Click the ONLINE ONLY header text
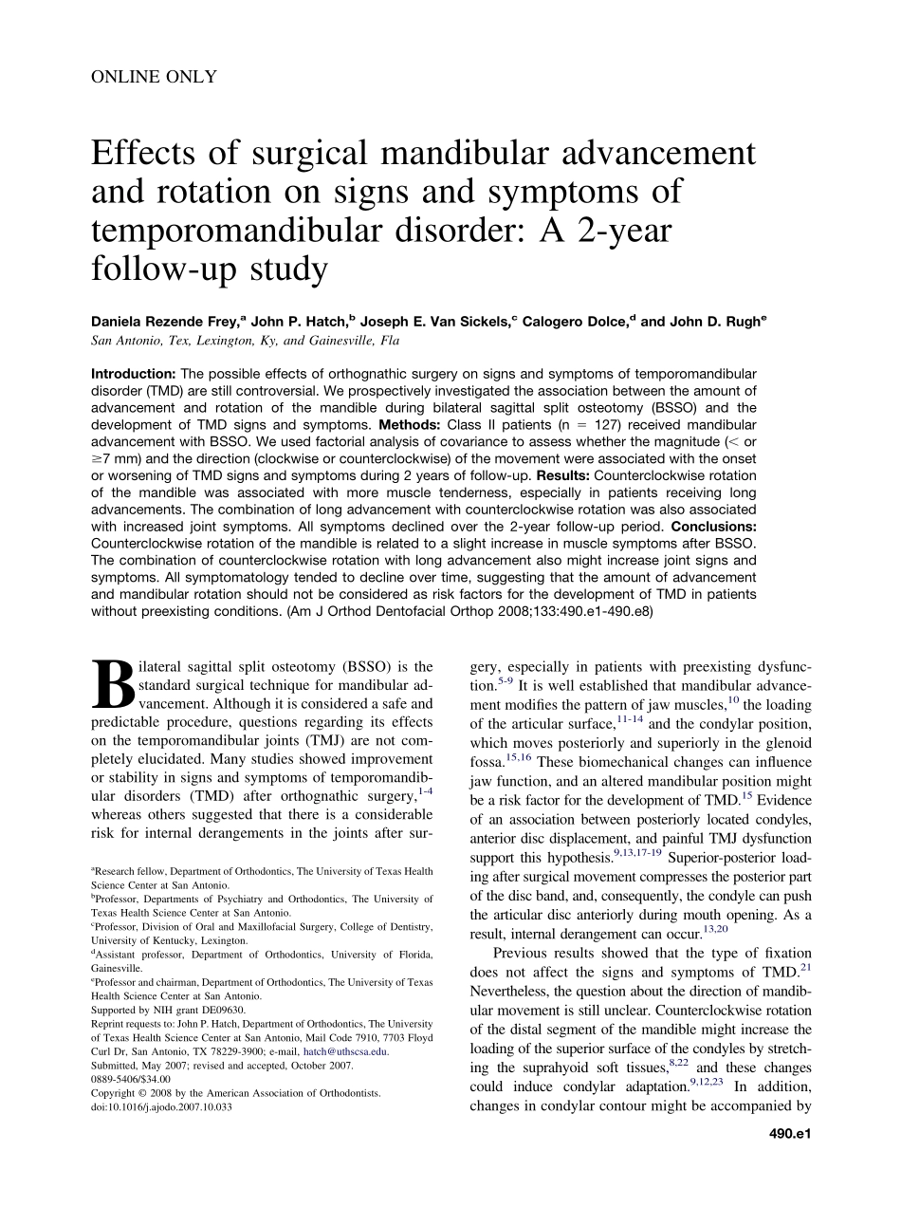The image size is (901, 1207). [x=154, y=77]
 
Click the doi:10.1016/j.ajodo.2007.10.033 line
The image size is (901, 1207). [x=160, y=1106]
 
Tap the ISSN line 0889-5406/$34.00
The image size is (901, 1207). [x=131, y=1079]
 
